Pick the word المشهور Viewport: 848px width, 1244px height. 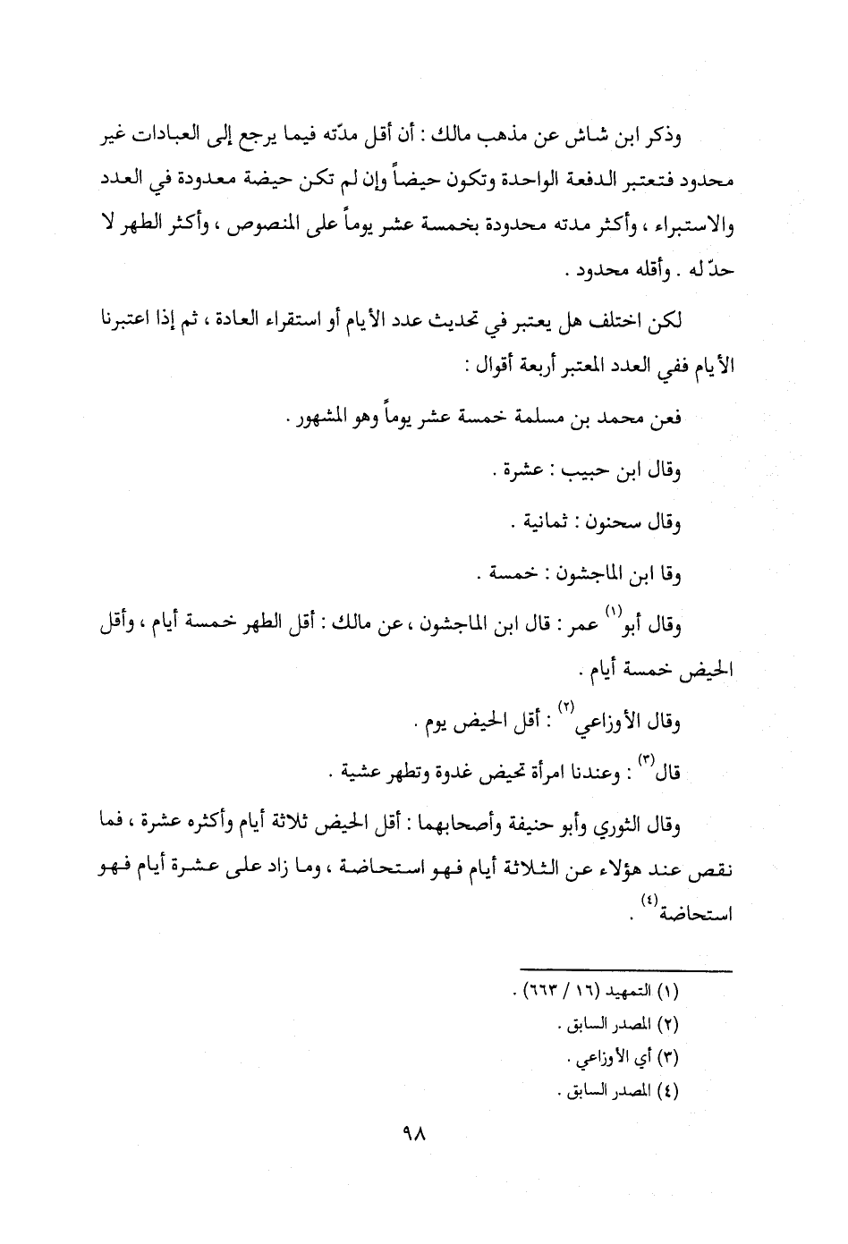coord(324,418)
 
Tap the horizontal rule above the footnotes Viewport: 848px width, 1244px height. coord(626,970)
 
